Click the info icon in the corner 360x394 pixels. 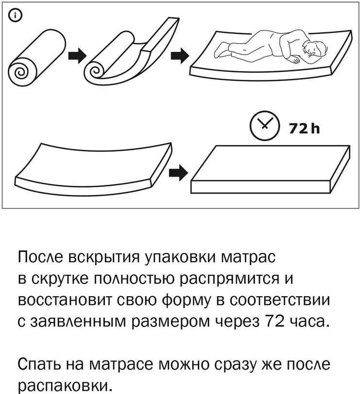16,16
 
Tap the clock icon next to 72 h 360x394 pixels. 264,125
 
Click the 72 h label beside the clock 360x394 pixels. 304,128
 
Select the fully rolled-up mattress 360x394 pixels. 37,58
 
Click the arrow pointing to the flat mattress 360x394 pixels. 178,172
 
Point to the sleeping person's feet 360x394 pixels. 222,50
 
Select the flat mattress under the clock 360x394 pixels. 271,169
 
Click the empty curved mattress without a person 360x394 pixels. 93,169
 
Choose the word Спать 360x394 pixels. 39,365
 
